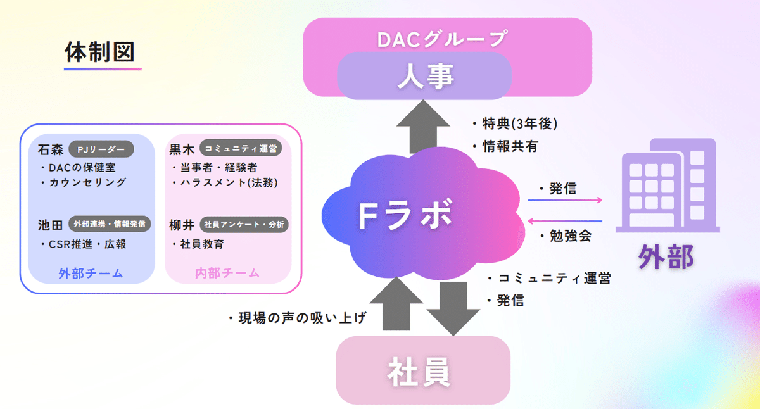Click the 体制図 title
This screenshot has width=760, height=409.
[x=103, y=52]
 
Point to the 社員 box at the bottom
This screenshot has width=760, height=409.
[x=423, y=372]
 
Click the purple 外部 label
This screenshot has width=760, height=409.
[x=666, y=257]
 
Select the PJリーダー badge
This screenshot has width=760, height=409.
[x=101, y=149]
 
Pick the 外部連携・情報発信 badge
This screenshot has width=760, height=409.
[x=110, y=224]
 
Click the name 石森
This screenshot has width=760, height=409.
[x=50, y=150]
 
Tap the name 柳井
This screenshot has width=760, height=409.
[x=182, y=225]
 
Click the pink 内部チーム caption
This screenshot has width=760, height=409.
[x=227, y=274]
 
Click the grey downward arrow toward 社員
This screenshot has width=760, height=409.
[x=453, y=308]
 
